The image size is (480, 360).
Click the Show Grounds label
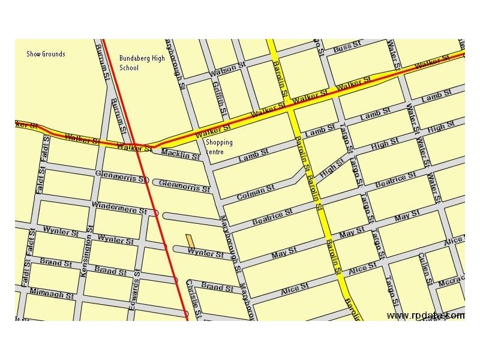(46, 54)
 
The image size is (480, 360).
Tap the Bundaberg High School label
(142, 63)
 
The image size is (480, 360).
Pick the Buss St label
(346, 47)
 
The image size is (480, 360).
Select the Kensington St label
(85, 251)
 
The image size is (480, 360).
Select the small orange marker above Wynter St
(190, 240)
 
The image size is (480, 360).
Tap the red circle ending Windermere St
(156, 213)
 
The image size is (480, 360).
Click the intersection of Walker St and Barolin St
(289, 108)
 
